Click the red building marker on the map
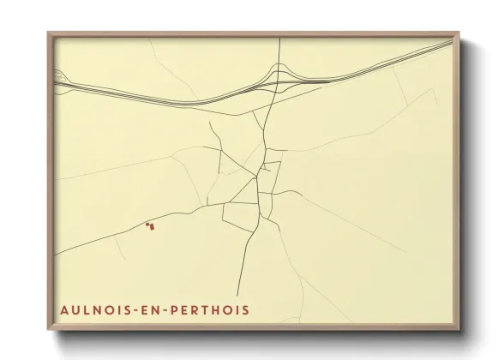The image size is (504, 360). pyautogui.click(x=151, y=226)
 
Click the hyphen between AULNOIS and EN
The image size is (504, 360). pyautogui.click(x=136, y=309)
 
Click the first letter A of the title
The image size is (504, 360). pyautogui.click(x=64, y=309)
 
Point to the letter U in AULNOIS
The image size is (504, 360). pyautogui.click(x=75, y=309)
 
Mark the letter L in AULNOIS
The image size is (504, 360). pyautogui.click(x=87, y=309)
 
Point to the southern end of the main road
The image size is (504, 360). pyautogui.click(x=237, y=295)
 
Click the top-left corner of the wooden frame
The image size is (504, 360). pyautogui.click(x=49, y=33)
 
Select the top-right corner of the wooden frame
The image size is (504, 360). pyautogui.click(x=459, y=33)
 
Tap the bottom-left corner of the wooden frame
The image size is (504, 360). pyautogui.click(x=49, y=330)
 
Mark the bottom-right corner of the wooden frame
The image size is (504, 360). pyautogui.click(x=459, y=330)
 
